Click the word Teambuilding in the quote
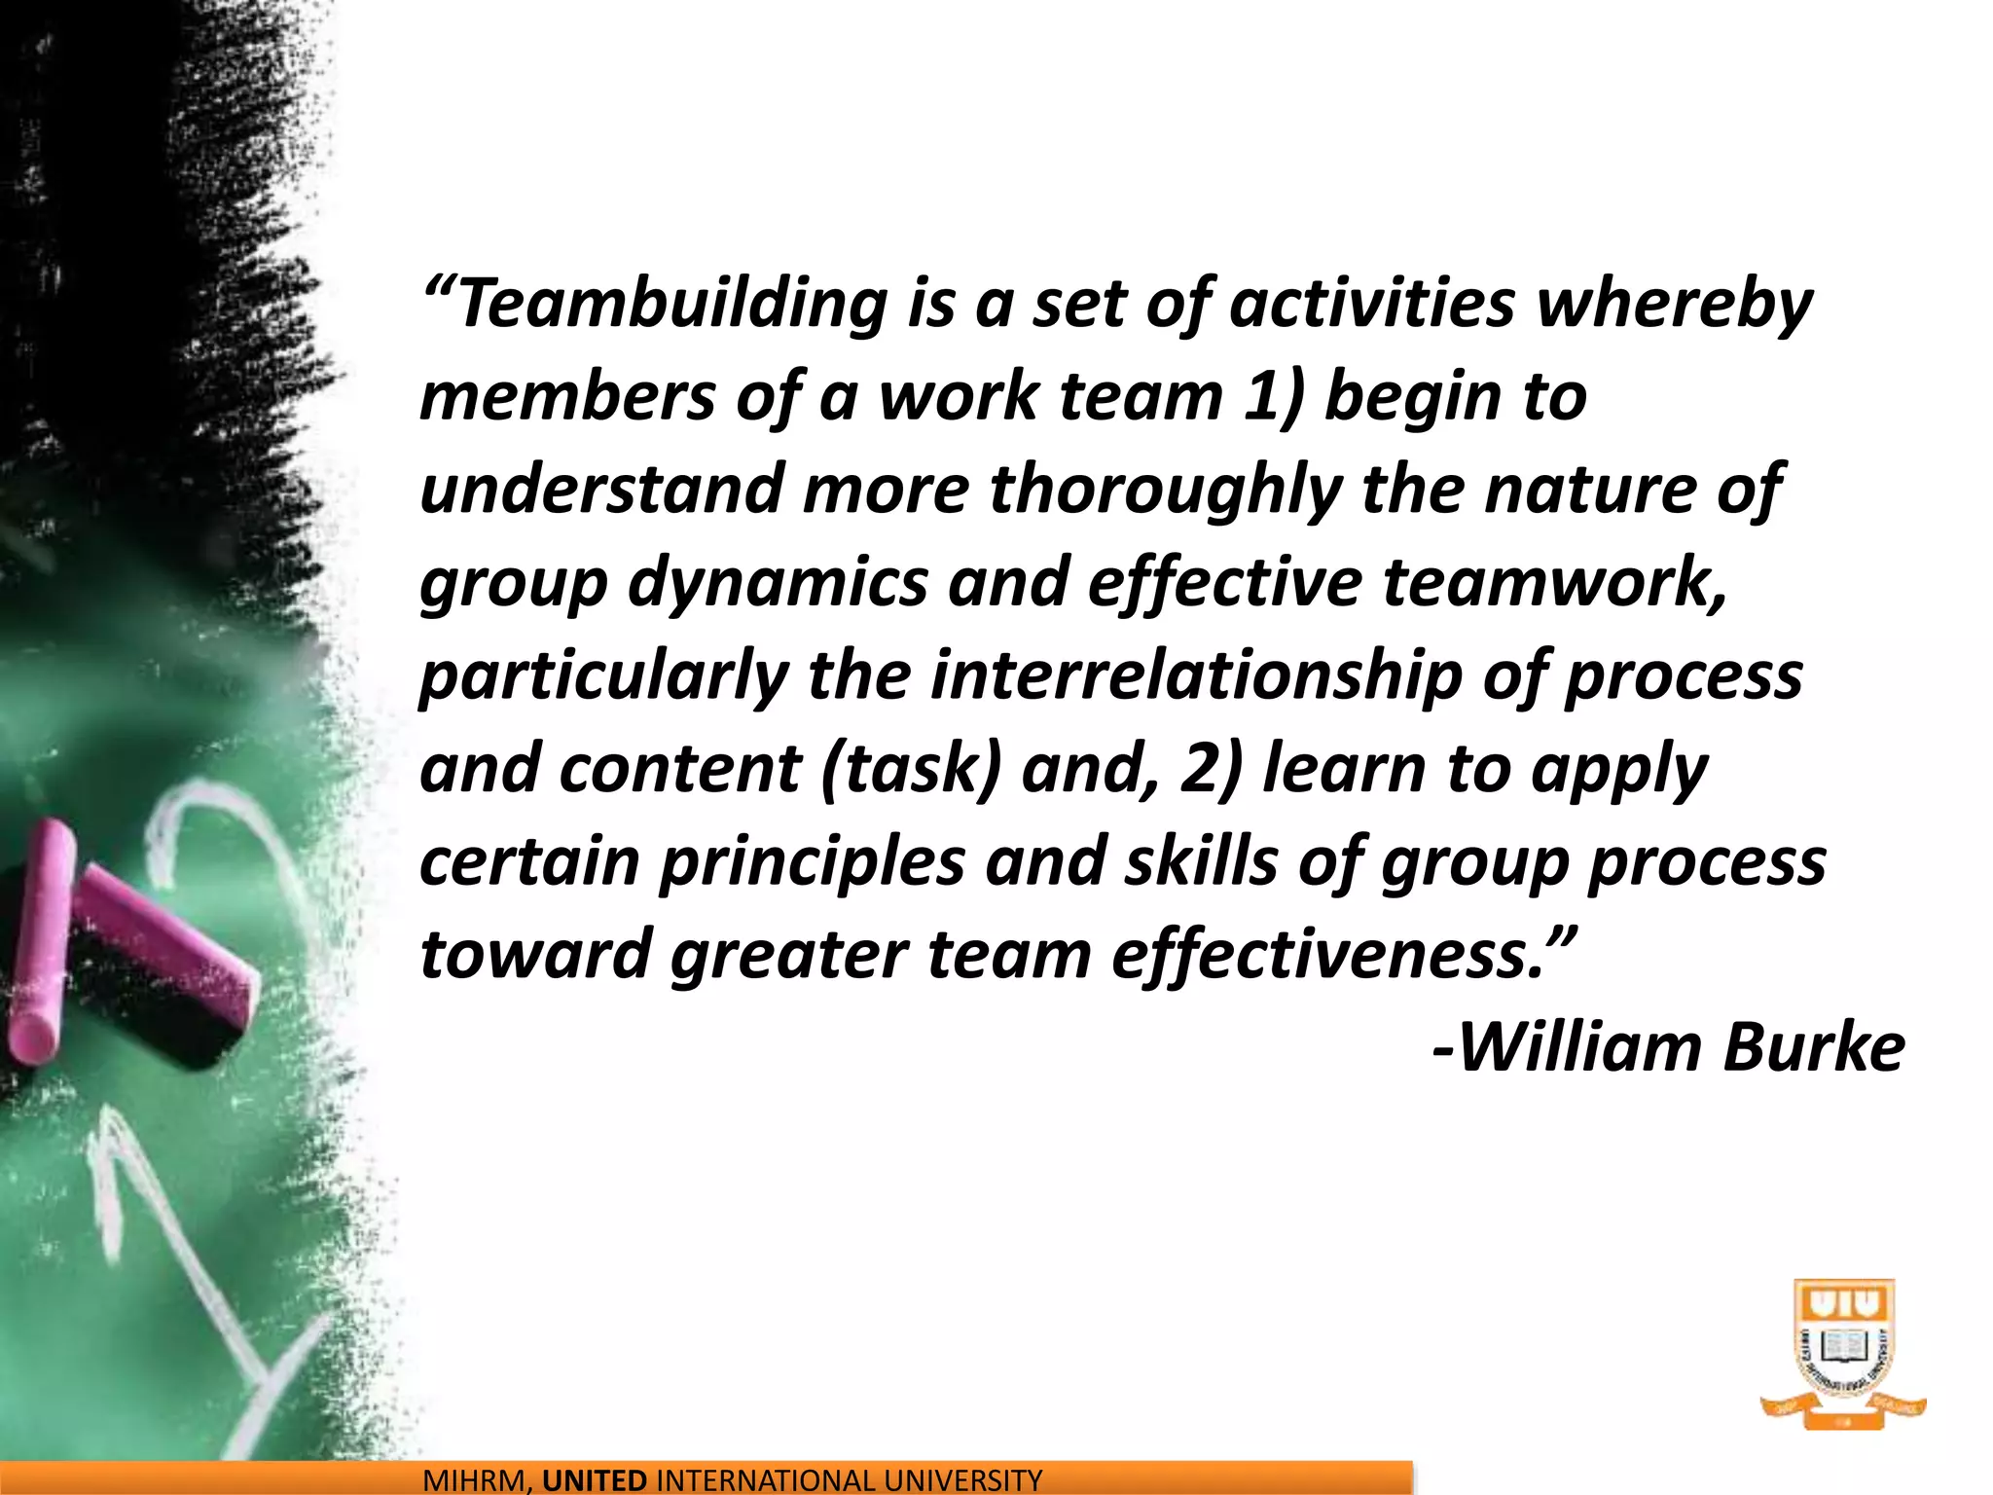click(x=671, y=304)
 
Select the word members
click(x=566, y=397)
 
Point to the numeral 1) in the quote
click(x=1273, y=397)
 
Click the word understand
click(x=600, y=490)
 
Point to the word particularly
click(x=603, y=675)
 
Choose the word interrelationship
click(x=1196, y=675)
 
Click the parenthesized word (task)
click(x=911, y=769)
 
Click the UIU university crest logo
click(x=1843, y=1353)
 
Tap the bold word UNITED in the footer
click(x=594, y=1481)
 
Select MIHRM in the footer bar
click(x=477, y=1481)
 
